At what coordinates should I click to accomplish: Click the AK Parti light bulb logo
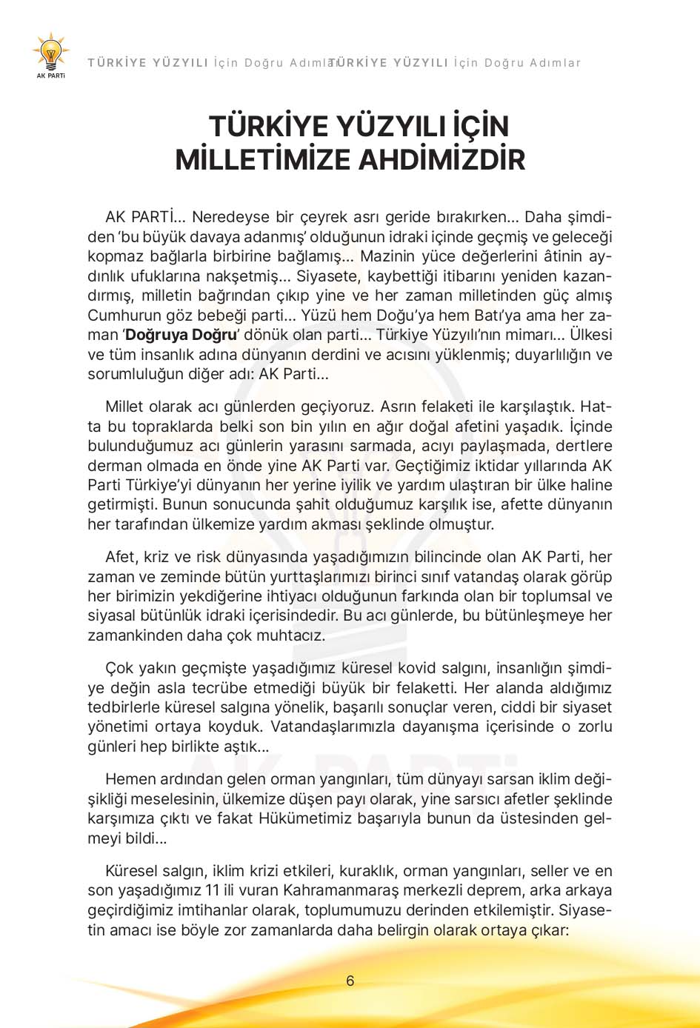click(51, 53)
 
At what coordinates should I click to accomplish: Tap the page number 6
click(350, 981)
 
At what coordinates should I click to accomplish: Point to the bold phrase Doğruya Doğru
click(180, 335)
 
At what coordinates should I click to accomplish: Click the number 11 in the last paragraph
click(211, 890)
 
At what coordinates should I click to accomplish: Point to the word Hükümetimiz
click(304, 818)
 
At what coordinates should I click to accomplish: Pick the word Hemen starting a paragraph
click(128, 779)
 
